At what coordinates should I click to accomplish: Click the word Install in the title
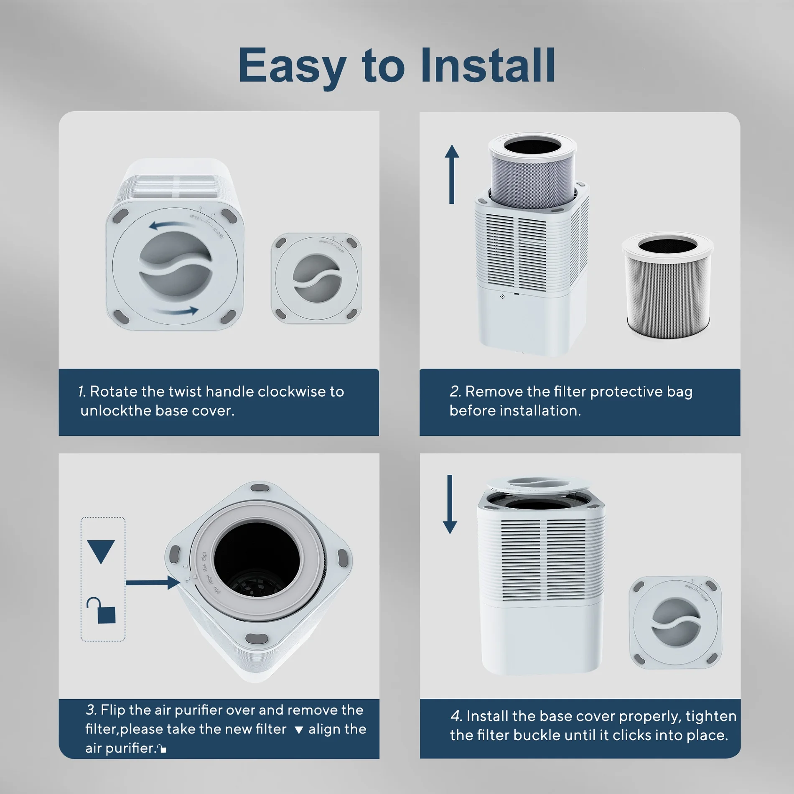[x=488, y=66]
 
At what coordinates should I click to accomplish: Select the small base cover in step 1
[x=316, y=278]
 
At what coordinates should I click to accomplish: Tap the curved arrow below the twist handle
[x=176, y=311]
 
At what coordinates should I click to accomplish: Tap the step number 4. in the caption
[x=456, y=716]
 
